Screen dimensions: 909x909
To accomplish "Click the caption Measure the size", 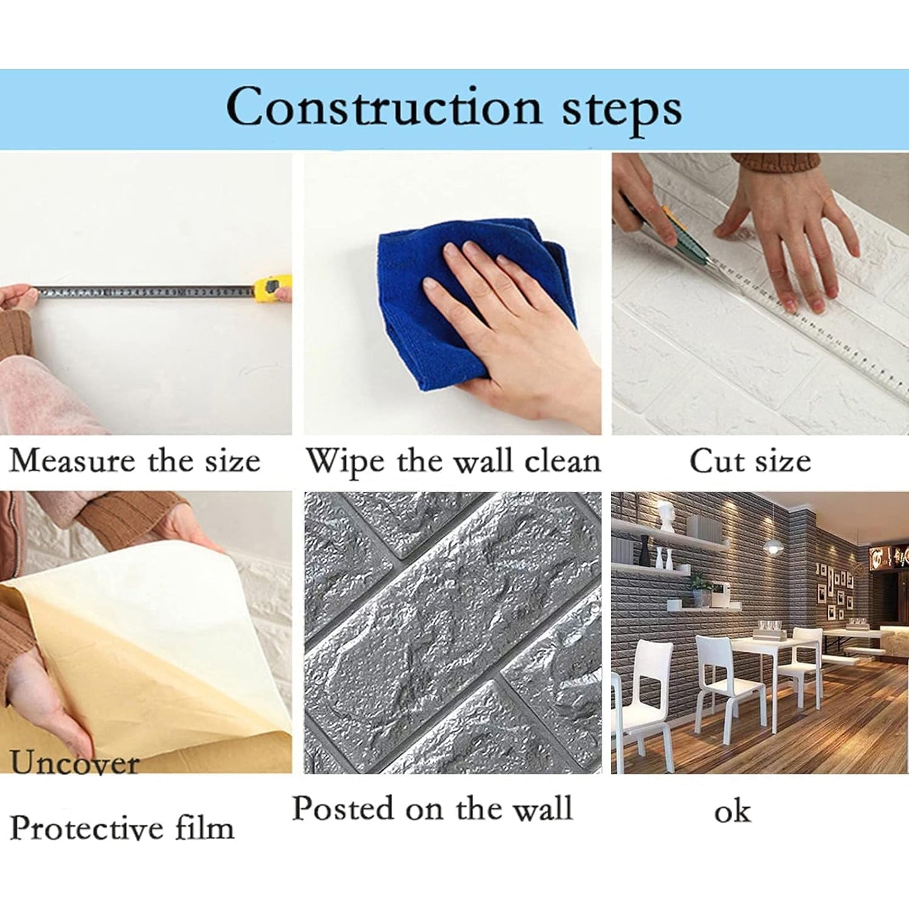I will click(x=135, y=461).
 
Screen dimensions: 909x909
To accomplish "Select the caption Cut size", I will click(x=750, y=461).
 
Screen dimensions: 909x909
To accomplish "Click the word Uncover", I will click(x=74, y=763).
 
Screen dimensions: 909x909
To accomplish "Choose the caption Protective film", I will click(x=122, y=828).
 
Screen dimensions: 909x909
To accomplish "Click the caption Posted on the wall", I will click(x=433, y=808).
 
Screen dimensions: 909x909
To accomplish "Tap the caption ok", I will click(x=732, y=811).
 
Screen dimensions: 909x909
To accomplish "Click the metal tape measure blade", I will click(x=145, y=291).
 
